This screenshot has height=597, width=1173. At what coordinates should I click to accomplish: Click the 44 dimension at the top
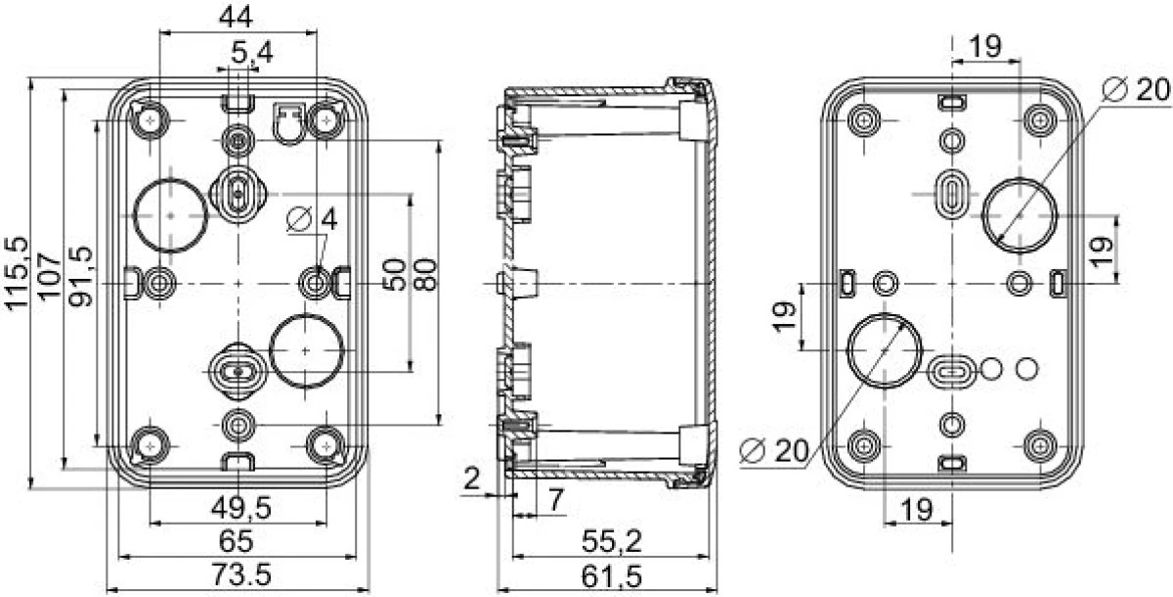point(236,18)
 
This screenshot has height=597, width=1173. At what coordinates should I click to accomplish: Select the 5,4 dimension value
point(252,53)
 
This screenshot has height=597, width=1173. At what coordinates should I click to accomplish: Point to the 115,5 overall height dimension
point(17,274)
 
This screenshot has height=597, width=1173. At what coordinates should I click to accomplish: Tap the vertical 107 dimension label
point(50,276)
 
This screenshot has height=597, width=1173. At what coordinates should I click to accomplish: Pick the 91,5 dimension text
point(82,276)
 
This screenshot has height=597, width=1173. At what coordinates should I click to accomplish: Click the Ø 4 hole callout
point(312,219)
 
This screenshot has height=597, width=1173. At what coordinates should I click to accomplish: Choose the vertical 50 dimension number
point(394,274)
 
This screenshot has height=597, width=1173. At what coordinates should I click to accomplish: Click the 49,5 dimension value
point(240,508)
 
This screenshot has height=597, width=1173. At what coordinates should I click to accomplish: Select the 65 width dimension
point(237,541)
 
